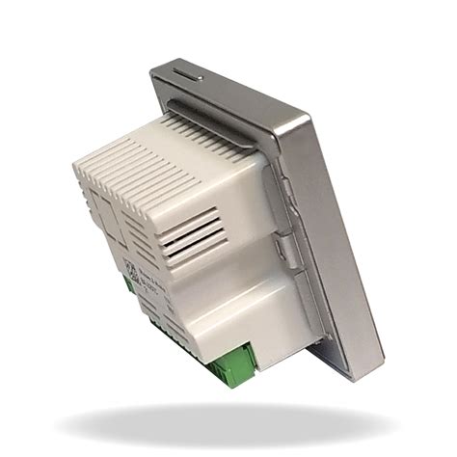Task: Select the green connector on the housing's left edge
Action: click(x=128, y=284)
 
